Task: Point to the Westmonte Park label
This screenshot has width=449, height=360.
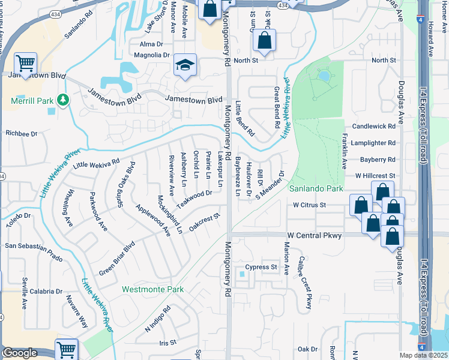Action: click(152, 289)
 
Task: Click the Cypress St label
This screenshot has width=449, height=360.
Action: click(264, 266)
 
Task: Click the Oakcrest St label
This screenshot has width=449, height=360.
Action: click(205, 223)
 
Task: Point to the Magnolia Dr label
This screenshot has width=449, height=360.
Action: click(153, 55)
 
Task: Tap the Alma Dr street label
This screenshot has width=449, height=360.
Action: click(151, 44)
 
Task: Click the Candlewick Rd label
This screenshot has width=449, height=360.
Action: click(375, 127)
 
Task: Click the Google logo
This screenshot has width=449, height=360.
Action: click(20, 352)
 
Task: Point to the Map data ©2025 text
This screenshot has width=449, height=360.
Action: click(424, 355)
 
